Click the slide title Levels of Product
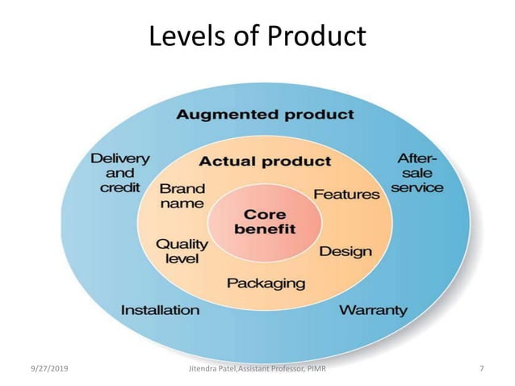tap(257, 36)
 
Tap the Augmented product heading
tap(265, 114)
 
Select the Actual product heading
tap(265, 161)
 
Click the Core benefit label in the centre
tap(265, 222)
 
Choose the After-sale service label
tap(417, 173)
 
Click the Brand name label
tap(182, 196)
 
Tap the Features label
tap(346, 195)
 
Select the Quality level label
tap(182, 250)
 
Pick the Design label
tap(345, 251)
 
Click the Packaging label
tap(266, 283)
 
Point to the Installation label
tap(160, 309)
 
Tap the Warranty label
tap(373, 309)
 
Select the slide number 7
tap(481, 369)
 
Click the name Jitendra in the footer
tap(202, 369)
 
